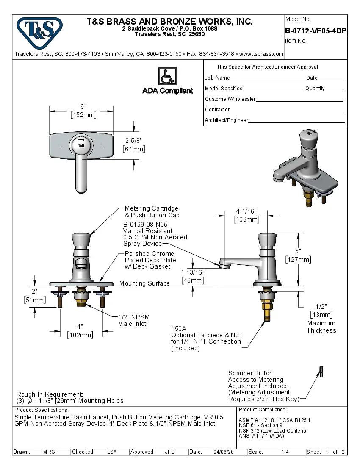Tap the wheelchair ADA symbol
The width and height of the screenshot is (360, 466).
coord(167,76)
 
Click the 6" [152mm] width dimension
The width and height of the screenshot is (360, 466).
coord(83,111)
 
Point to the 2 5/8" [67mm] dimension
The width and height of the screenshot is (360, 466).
coord(133,144)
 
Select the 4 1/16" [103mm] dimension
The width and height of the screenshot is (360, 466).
coord(246,215)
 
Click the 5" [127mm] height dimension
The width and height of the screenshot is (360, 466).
coord(299,255)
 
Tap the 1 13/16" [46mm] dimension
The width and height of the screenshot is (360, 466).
coord(193,276)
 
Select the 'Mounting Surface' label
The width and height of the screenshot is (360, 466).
coord(144,283)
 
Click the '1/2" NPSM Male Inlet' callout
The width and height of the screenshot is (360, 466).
coord(133,320)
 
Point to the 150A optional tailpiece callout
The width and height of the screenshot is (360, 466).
coord(206,338)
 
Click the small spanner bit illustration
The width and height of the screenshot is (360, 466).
coord(322,372)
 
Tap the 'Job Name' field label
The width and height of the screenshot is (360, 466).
coord(217,78)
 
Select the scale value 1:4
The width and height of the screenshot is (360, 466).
coord(285,452)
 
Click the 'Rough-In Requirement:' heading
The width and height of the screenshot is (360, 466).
coord(50,394)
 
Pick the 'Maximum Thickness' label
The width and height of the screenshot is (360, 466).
coord(321,327)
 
